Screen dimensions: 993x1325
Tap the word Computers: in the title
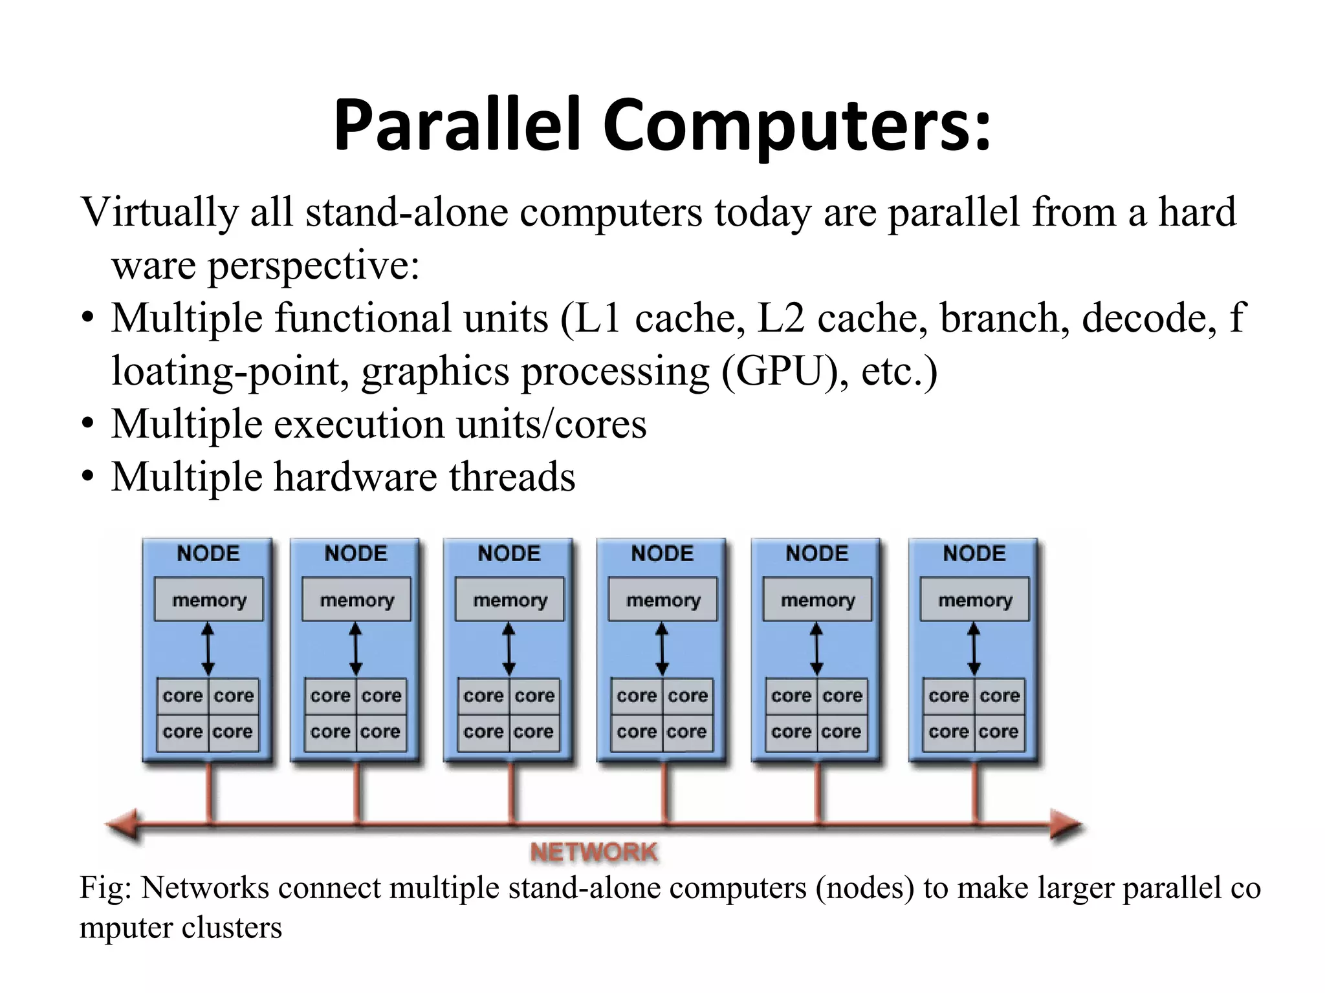[797, 124]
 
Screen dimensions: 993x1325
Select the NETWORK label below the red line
[594, 852]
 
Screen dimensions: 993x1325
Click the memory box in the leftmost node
[209, 600]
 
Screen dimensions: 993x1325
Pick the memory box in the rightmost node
[975, 600]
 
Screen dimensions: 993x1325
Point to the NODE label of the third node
[509, 553]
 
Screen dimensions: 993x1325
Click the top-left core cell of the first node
[183, 696]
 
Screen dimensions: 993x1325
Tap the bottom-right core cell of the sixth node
[999, 732]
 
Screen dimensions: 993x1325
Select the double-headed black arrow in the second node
[356, 648]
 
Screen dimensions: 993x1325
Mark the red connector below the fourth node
[664, 794]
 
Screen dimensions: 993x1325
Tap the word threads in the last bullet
[512, 477]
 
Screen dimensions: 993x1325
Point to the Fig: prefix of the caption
[105, 888]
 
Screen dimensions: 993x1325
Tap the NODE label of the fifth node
[816, 553]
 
